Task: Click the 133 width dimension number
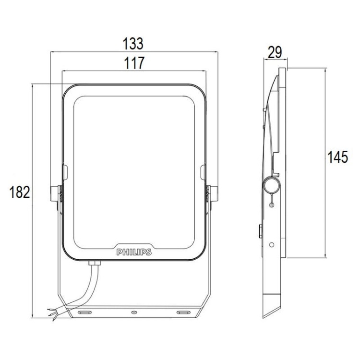click(133, 43)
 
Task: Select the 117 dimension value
click(134, 63)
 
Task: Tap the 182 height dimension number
click(20, 192)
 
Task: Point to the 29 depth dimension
click(275, 52)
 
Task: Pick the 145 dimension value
click(337, 157)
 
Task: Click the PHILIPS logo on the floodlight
click(134, 252)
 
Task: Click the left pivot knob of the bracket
click(54, 194)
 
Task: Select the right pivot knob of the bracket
click(214, 194)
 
